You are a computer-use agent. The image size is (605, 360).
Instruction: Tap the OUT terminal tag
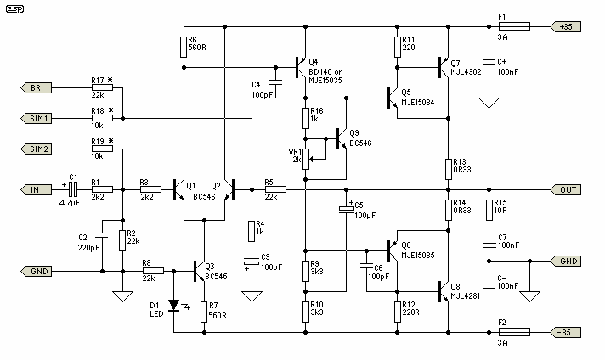(568, 189)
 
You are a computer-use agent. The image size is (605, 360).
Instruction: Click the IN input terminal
(35, 189)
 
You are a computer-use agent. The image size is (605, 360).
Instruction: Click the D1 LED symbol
(174, 304)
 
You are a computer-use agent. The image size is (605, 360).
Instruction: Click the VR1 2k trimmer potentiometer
(306, 157)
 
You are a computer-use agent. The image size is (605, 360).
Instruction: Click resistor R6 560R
(183, 47)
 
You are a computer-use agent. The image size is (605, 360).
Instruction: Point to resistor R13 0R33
(448, 167)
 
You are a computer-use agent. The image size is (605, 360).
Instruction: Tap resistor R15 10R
(489, 209)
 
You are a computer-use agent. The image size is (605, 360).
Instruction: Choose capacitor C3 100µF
(251, 262)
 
